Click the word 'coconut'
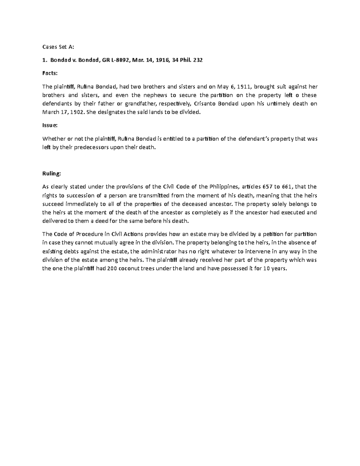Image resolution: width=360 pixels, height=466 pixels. [129, 269]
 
